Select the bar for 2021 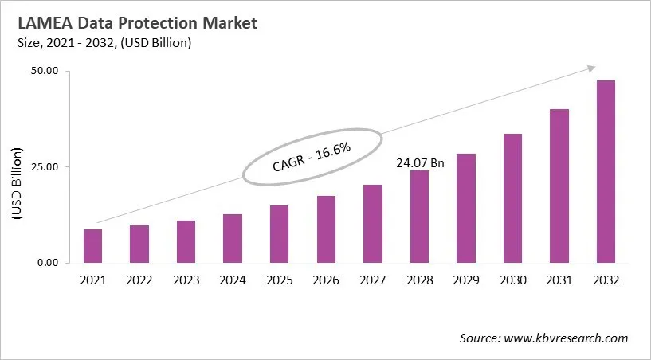coord(93,246)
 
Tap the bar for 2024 coord(233,239)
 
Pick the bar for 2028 coord(419,217)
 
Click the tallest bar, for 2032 coord(606,171)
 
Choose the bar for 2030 coord(512,198)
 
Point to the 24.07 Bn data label coord(421,162)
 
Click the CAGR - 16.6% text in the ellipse coord(312,156)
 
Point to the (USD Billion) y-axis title coord(17,182)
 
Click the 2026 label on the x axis coord(326,280)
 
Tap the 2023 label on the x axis coord(186,280)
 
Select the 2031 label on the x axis coord(559,280)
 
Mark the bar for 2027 coord(372,224)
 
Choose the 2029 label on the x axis coord(465,280)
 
